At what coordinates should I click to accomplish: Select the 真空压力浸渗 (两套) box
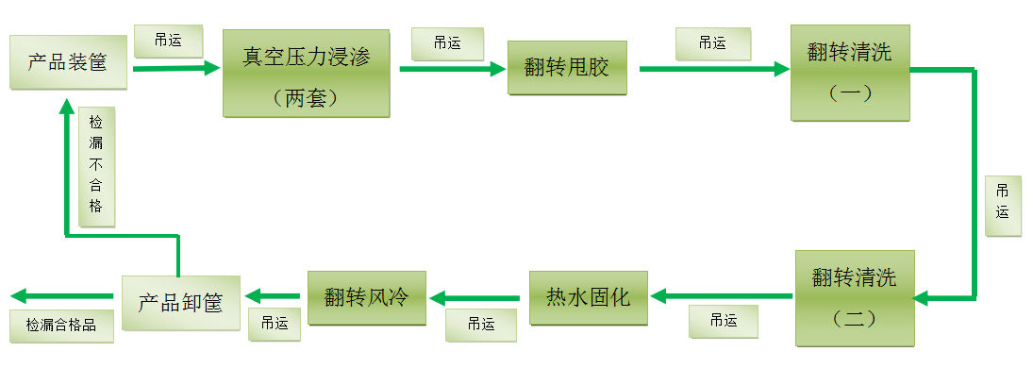tap(306, 74)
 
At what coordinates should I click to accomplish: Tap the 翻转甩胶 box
tap(567, 68)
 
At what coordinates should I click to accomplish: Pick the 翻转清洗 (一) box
tap(850, 73)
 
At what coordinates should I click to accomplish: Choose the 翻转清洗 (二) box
tap(855, 297)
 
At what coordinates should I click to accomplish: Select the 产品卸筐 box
tap(180, 304)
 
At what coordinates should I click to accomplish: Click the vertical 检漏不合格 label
tap(96, 164)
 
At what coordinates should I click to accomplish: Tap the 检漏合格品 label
tap(61, 325)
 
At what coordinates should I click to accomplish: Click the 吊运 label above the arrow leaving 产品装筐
tap(168, 41)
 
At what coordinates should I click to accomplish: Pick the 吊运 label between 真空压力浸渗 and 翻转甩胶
tap(447, 42)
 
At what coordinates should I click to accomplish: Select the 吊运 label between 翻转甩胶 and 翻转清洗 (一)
tap(712, 42)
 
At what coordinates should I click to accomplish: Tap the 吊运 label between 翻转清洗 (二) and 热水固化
tap(724, 322)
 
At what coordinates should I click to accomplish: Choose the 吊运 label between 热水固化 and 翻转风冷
tap(481, 324)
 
